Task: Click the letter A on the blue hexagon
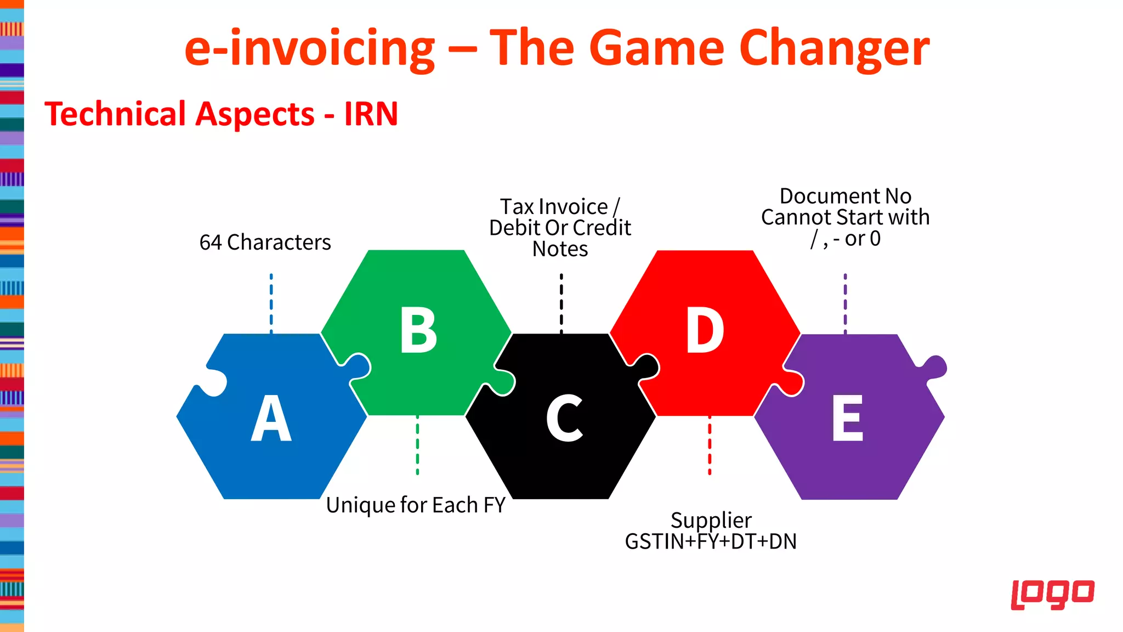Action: pos(271,419)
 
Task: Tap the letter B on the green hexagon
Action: pos(418,331)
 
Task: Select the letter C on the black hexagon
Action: pos(564,419)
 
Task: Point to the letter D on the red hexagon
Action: pos(705,331)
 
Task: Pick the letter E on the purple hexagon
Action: pos(848,419)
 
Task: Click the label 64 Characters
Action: pos(265,242)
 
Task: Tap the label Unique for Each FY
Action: pos(416,505)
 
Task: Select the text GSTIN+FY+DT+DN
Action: pos(711,542)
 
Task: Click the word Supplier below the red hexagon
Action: pos(711,520)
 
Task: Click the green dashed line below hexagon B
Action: pos(417,445)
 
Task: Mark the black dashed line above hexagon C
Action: pos(561,303)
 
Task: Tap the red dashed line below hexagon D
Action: pos(710,445)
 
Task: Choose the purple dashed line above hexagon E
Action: pos(845,303)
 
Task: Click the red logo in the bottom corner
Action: pos(1052,595)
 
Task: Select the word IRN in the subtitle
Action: pos(371,114)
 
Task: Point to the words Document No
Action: pos(845,196)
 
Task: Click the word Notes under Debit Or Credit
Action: pos(560,249)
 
